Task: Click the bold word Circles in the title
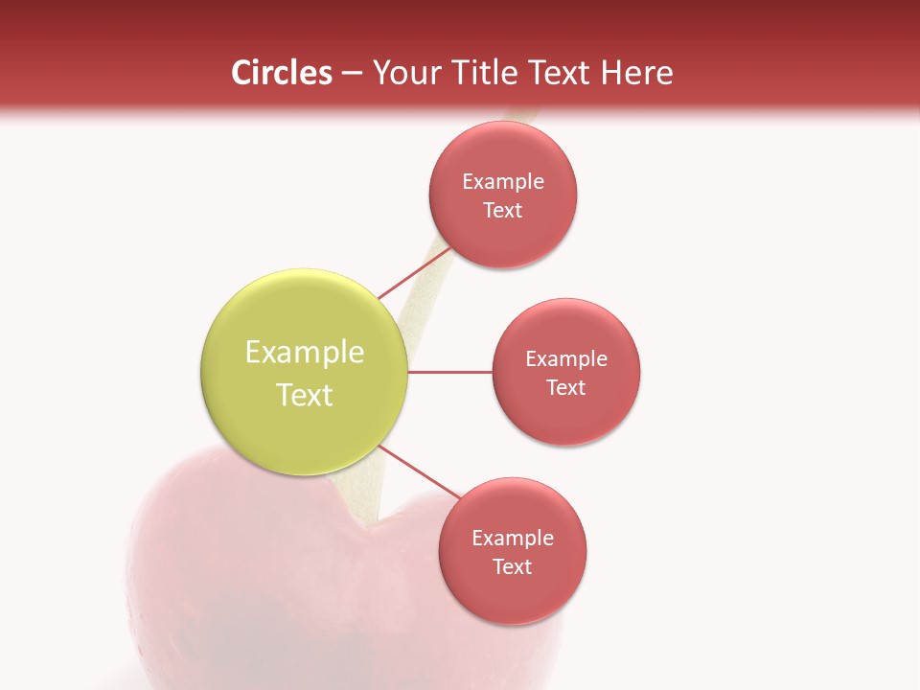click(x=282, y=73)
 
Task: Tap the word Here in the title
click(x=637, y=73)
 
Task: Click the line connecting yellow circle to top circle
click(x=413, y=273)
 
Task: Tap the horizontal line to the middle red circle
click(x=450, y=372)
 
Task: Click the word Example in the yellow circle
click(x=305, y=353)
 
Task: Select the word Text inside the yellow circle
click(x=305, y=395)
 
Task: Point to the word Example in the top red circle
click(x=503, y=182)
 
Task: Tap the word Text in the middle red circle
click(x=566, y=388)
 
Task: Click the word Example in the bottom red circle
click(x=513, y=539)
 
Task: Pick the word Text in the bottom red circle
click(x=513, y=567)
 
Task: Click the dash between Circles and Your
click(x=352, y=73)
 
